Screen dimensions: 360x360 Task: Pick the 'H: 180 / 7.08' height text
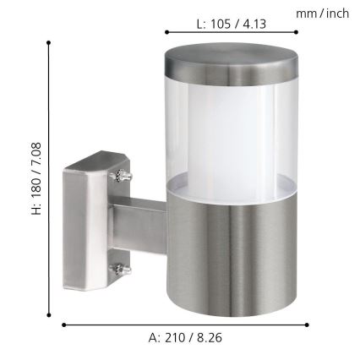[x=35, y=191]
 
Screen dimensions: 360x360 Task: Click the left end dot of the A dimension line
[x=63, y=324]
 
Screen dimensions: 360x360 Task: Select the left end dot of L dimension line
[x=158, y=33]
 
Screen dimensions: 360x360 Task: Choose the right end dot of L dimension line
[x=297, y=33]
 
